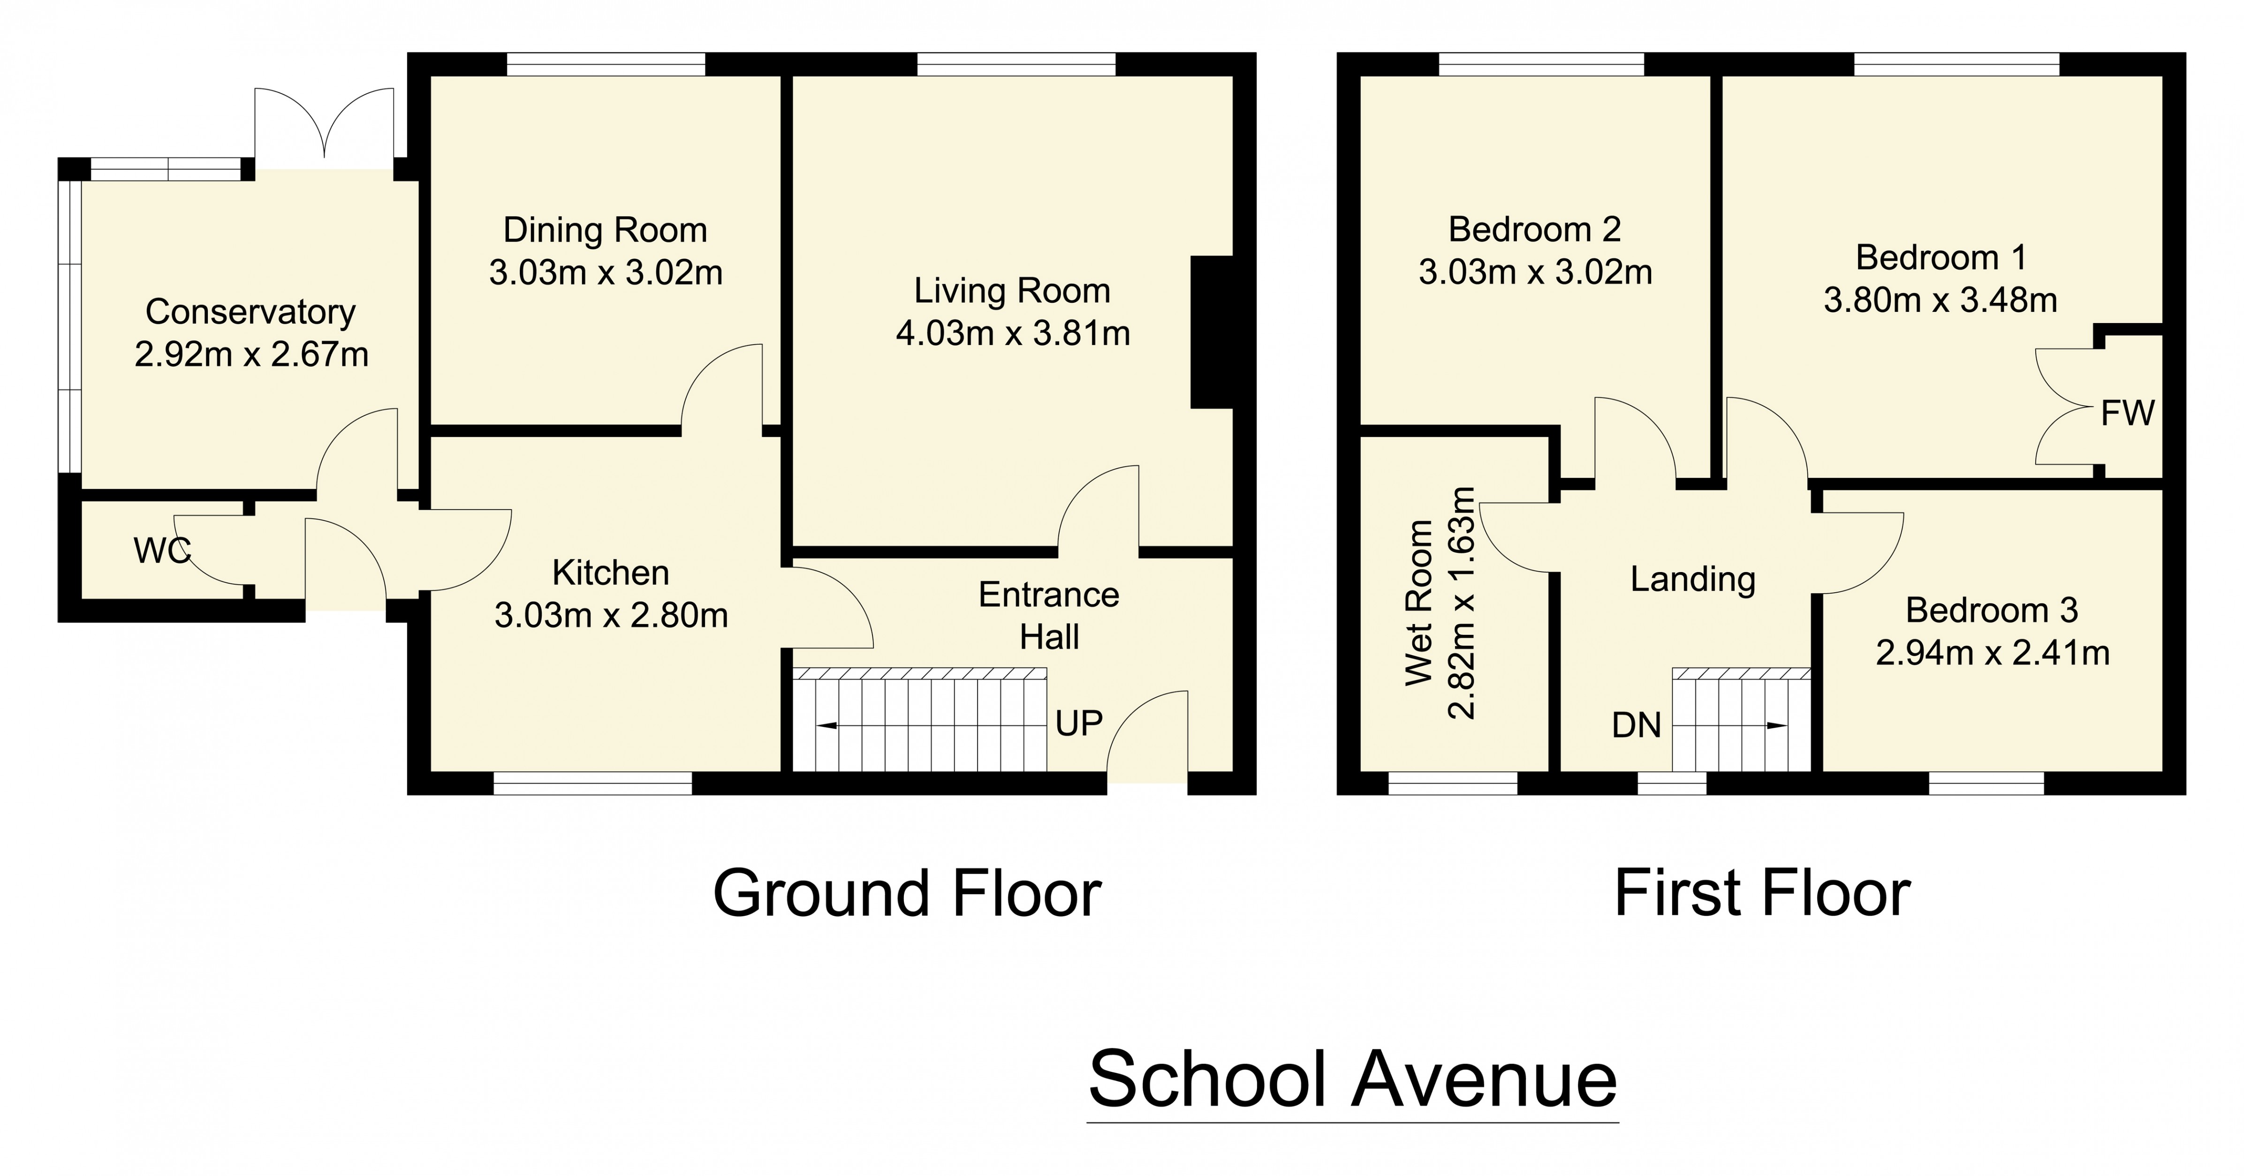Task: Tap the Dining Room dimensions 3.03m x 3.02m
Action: point(606,272)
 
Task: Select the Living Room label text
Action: point(1011,291)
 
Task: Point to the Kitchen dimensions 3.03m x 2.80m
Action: point(611,616)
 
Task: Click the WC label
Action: point(162,550)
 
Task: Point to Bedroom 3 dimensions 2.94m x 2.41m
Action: point(1992,653)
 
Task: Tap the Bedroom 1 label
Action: point(1941,258)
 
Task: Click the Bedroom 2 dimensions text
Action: point(1535,272)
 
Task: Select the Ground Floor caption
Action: point(907,894)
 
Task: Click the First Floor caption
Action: point(1761,894)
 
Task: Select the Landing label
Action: point(1692,579)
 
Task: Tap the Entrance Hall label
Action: point(1049,616)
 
